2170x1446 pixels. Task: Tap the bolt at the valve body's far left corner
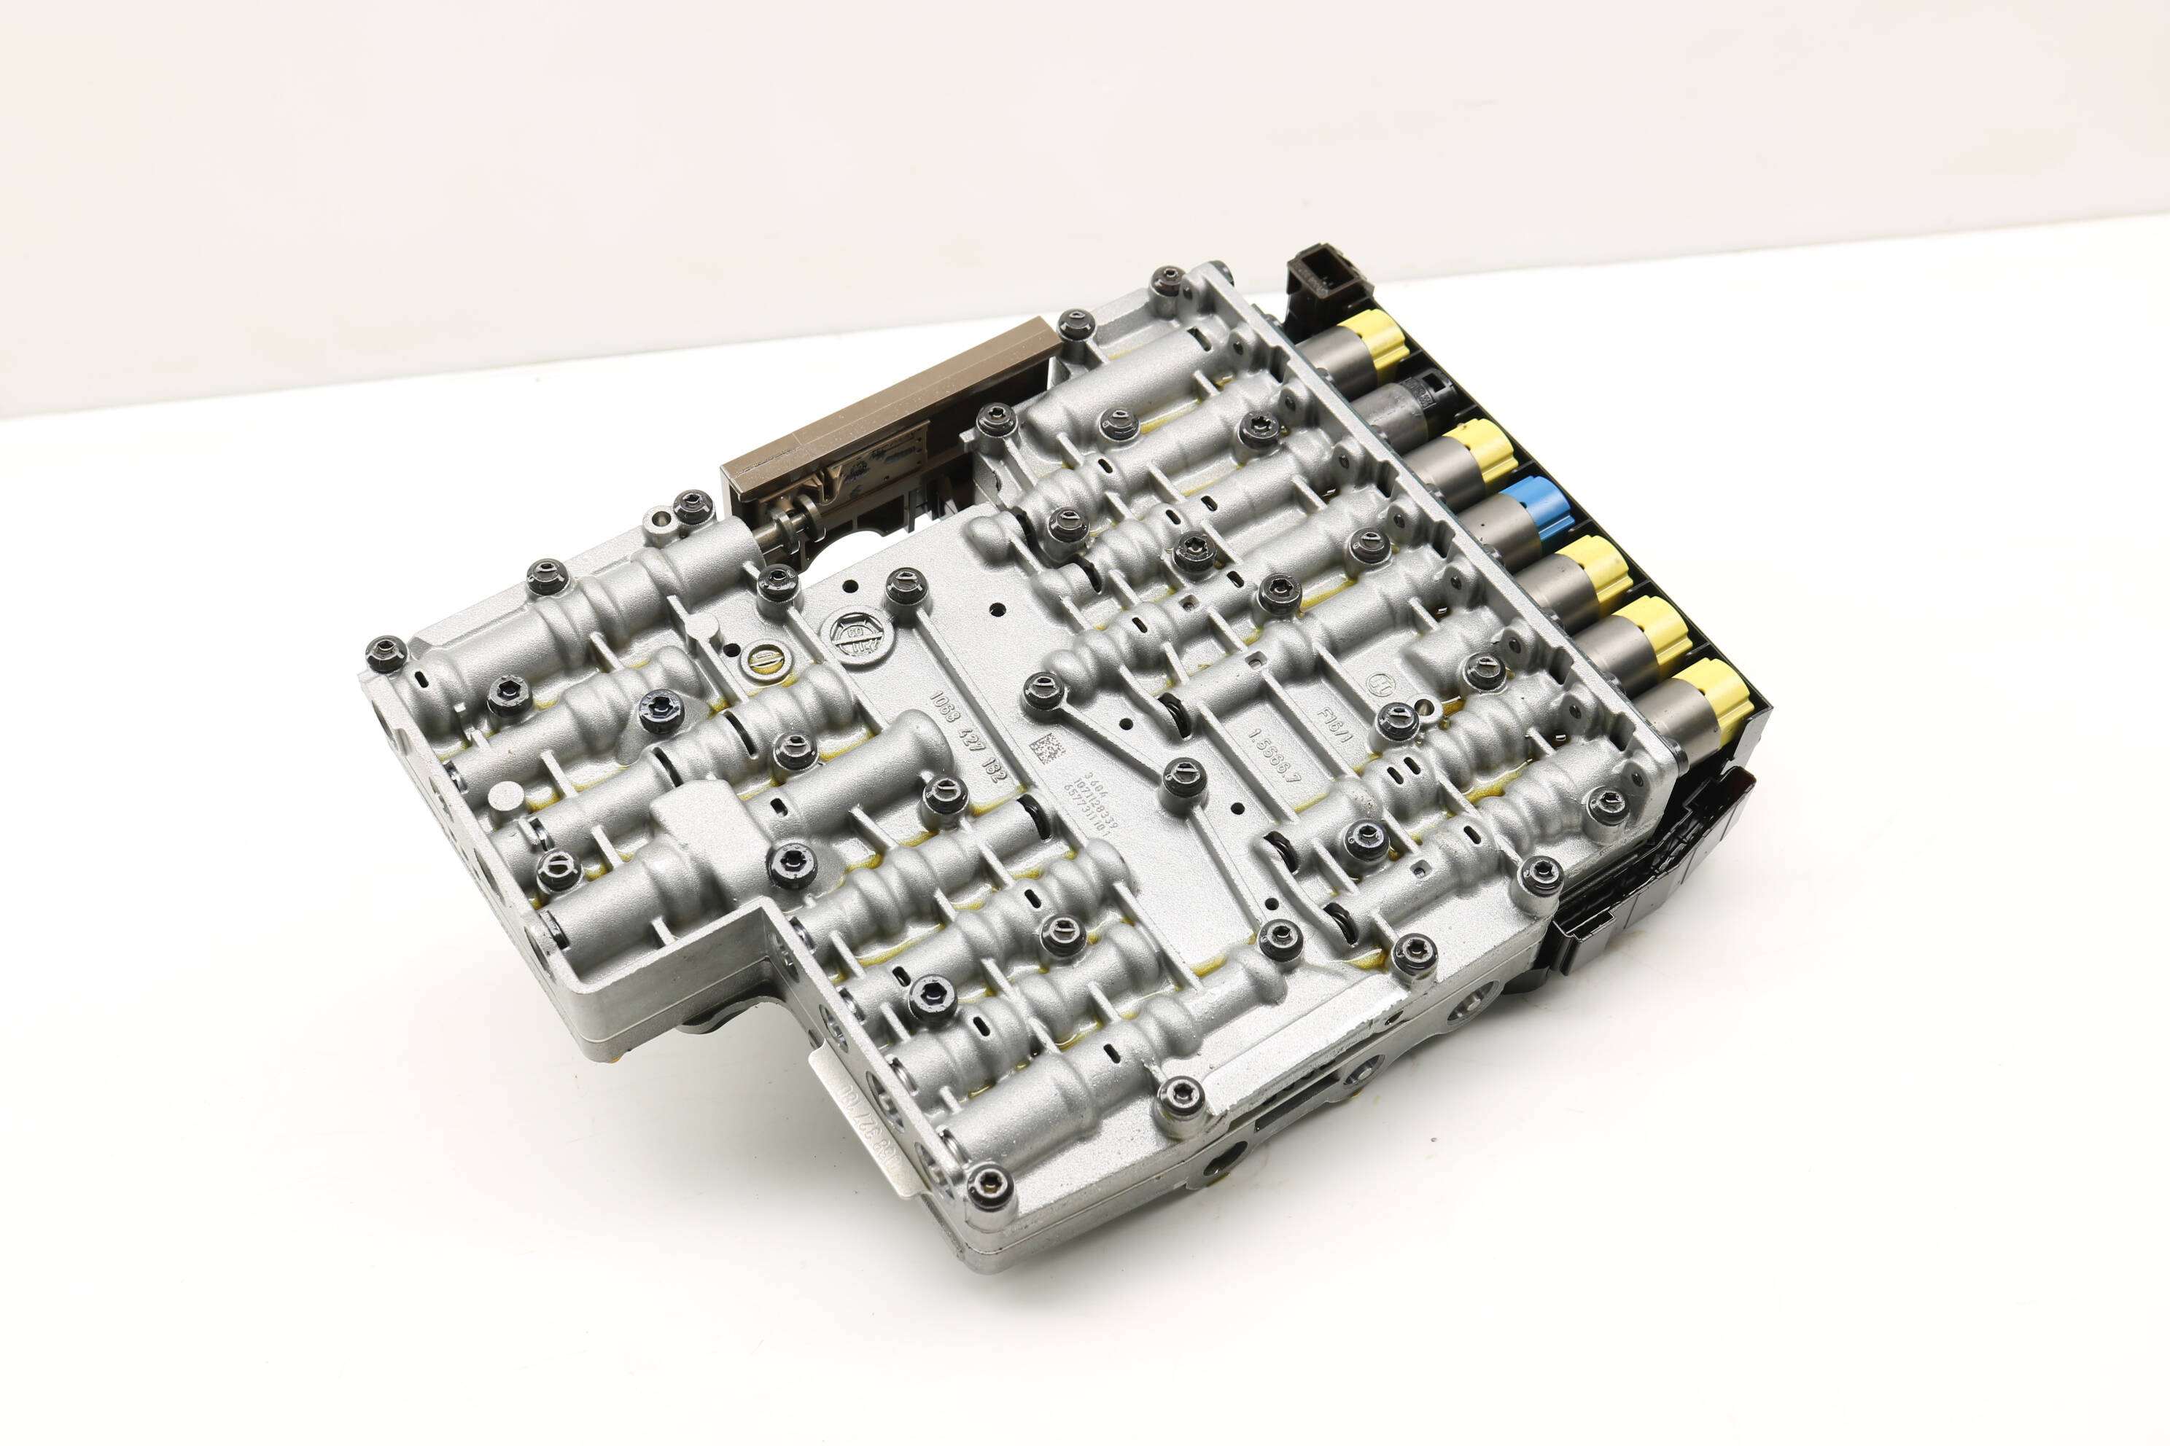pos(386,653)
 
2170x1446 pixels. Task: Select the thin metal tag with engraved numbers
pos(863,1120)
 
